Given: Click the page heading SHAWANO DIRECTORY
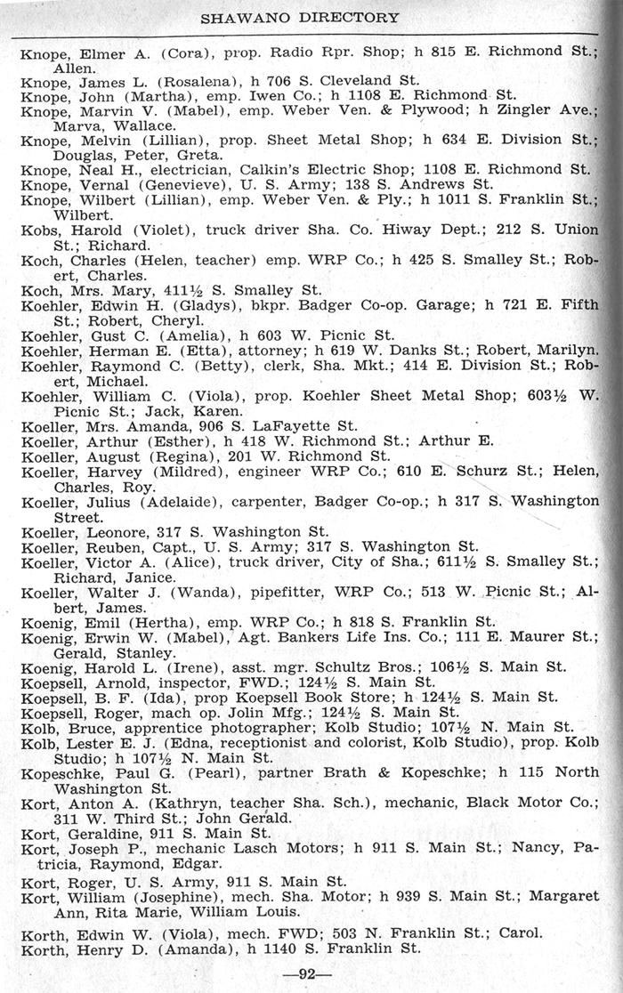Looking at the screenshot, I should [300, 17].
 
